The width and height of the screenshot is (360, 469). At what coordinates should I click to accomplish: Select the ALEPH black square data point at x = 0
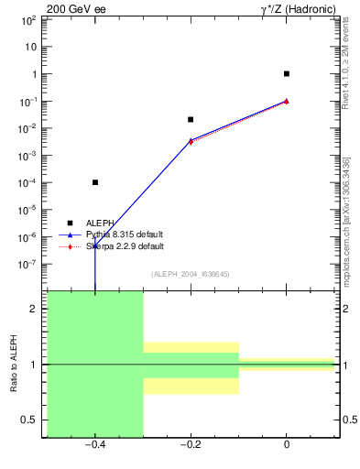(x=287, y=73)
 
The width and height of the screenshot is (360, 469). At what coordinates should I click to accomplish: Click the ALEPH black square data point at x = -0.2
(x=191, y=119)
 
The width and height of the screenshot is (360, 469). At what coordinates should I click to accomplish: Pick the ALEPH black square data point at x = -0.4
(x=95, y=182)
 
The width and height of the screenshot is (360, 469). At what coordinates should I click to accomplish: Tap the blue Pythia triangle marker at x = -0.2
(x=191, y=140)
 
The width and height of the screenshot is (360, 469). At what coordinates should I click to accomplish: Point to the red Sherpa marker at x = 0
(x=287, y=101)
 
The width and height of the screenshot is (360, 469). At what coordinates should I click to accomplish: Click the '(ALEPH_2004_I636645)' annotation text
(x=190, y=274)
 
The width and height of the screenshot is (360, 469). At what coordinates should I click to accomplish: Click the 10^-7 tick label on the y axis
(x=29, y=264)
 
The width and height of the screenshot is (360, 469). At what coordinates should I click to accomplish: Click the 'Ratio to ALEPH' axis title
(x=14, y=364)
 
